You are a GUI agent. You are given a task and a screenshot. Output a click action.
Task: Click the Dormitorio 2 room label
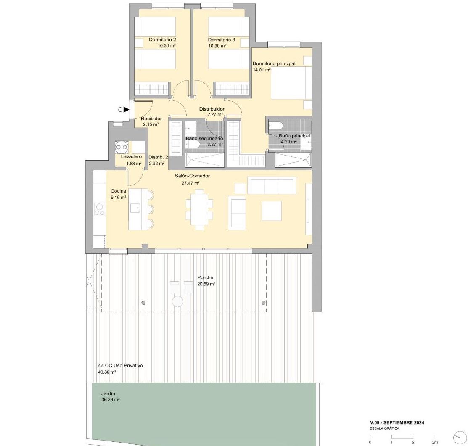click(162, 40)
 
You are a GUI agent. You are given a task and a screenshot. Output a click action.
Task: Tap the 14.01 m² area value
click(262, 70)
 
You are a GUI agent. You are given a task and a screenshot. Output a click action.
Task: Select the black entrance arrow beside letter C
click(127, 109)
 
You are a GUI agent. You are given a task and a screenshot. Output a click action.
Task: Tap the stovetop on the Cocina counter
click(99, 209)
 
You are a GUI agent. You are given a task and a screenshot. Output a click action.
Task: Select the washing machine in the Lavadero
click(122, 147)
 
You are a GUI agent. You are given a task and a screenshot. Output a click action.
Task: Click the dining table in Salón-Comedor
click(199, 209)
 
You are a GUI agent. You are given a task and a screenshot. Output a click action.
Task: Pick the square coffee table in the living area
click(272, 211)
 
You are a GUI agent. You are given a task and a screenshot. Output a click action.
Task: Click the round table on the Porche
click(177, 301)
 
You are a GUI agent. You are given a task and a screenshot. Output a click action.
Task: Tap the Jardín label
click(108, 393)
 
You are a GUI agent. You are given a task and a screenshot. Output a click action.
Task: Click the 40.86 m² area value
click(107, 372)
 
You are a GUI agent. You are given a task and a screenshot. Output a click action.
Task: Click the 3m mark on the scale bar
click(435, 442)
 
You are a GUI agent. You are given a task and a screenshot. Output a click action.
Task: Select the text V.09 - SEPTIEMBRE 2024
click(397, 422)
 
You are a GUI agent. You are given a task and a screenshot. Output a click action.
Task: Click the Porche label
click(205, 277)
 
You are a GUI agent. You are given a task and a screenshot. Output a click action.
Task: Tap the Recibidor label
click(151, 119)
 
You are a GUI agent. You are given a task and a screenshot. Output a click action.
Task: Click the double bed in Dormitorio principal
click(291, 83)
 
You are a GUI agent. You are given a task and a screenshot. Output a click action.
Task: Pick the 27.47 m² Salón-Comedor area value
click(191, 183)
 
